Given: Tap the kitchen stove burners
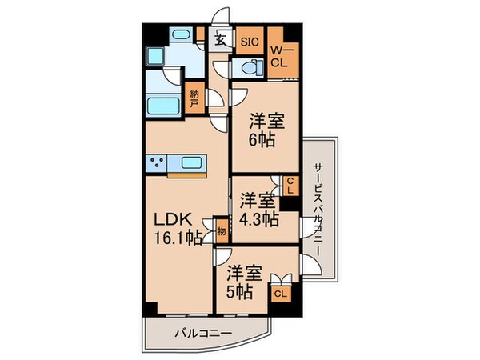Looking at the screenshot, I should pyautogui.click(x=158, y=165).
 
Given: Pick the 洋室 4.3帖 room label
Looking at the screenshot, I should pyautogui.click(x=258, y=206).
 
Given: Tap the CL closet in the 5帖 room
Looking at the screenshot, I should pyautogui.click(x=280, y=294).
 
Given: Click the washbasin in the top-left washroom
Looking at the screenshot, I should pyautogui.click(x=178, y=35).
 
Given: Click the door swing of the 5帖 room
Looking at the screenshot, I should pyautogui.click(x=226, y=258).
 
